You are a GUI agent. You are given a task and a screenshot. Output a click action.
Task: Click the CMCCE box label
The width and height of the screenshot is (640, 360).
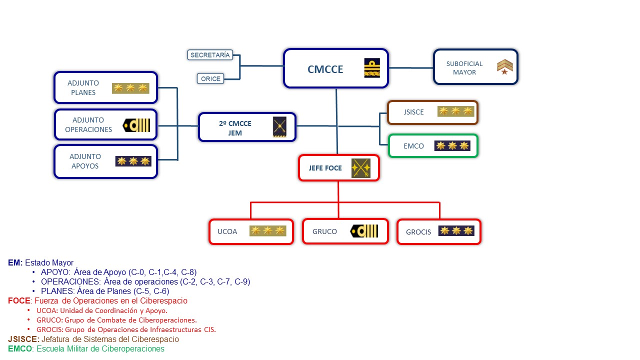(325, 69)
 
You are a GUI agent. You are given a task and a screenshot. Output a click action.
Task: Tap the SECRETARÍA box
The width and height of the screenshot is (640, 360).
(210, 55)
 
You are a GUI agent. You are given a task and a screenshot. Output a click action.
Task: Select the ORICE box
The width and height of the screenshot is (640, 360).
(210, 78)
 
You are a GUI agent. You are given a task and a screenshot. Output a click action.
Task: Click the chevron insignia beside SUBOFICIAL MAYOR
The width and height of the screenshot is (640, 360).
(505, 67)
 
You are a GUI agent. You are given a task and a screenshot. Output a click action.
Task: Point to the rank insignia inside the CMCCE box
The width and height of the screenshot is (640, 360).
(372, 68)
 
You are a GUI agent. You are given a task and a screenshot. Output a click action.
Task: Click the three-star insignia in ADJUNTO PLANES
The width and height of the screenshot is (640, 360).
(130, 88)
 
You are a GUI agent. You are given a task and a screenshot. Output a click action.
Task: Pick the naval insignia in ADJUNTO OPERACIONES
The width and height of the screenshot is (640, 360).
(136, 125)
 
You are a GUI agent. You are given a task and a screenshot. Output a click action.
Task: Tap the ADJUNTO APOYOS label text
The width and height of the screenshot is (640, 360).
(85, 161)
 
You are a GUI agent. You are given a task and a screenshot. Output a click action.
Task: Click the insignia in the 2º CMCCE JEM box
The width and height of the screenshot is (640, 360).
(279, 127)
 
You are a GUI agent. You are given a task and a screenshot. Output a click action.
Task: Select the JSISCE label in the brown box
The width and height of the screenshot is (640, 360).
(413, 112)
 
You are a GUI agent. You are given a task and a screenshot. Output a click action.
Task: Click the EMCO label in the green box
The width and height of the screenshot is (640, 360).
(413, 146)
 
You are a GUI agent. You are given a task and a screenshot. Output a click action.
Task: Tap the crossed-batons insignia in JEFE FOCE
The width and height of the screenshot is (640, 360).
(360, 168)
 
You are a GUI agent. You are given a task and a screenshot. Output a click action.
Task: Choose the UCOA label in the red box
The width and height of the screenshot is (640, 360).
(227, 231)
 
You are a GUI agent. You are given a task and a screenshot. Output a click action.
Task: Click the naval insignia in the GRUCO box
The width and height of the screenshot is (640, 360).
(364, 231)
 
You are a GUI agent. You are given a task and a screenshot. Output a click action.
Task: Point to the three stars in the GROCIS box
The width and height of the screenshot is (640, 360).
(455, 231)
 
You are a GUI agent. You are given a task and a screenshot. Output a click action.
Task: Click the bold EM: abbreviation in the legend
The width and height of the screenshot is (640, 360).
(15, 262)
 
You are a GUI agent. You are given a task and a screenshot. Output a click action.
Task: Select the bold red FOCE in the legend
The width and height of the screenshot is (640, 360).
(19, 301)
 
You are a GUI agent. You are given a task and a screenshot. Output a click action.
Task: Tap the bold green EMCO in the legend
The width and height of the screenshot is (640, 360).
(19, 348)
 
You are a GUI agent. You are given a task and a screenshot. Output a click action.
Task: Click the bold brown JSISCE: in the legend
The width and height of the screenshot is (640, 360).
(23, 339)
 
